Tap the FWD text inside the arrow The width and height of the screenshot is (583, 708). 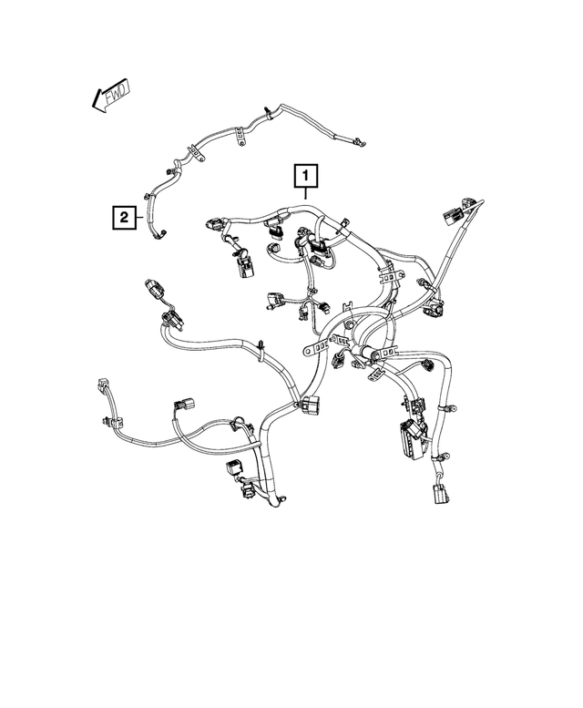pyautogui.click(x=113, y=95)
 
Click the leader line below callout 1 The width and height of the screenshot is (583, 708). pyautogui.click(x=305, y=192)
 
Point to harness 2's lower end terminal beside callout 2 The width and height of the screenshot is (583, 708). pyautogui.click(x=162, y=237)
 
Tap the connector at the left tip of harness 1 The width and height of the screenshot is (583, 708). pyautogui.click(x=215, y=223)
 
